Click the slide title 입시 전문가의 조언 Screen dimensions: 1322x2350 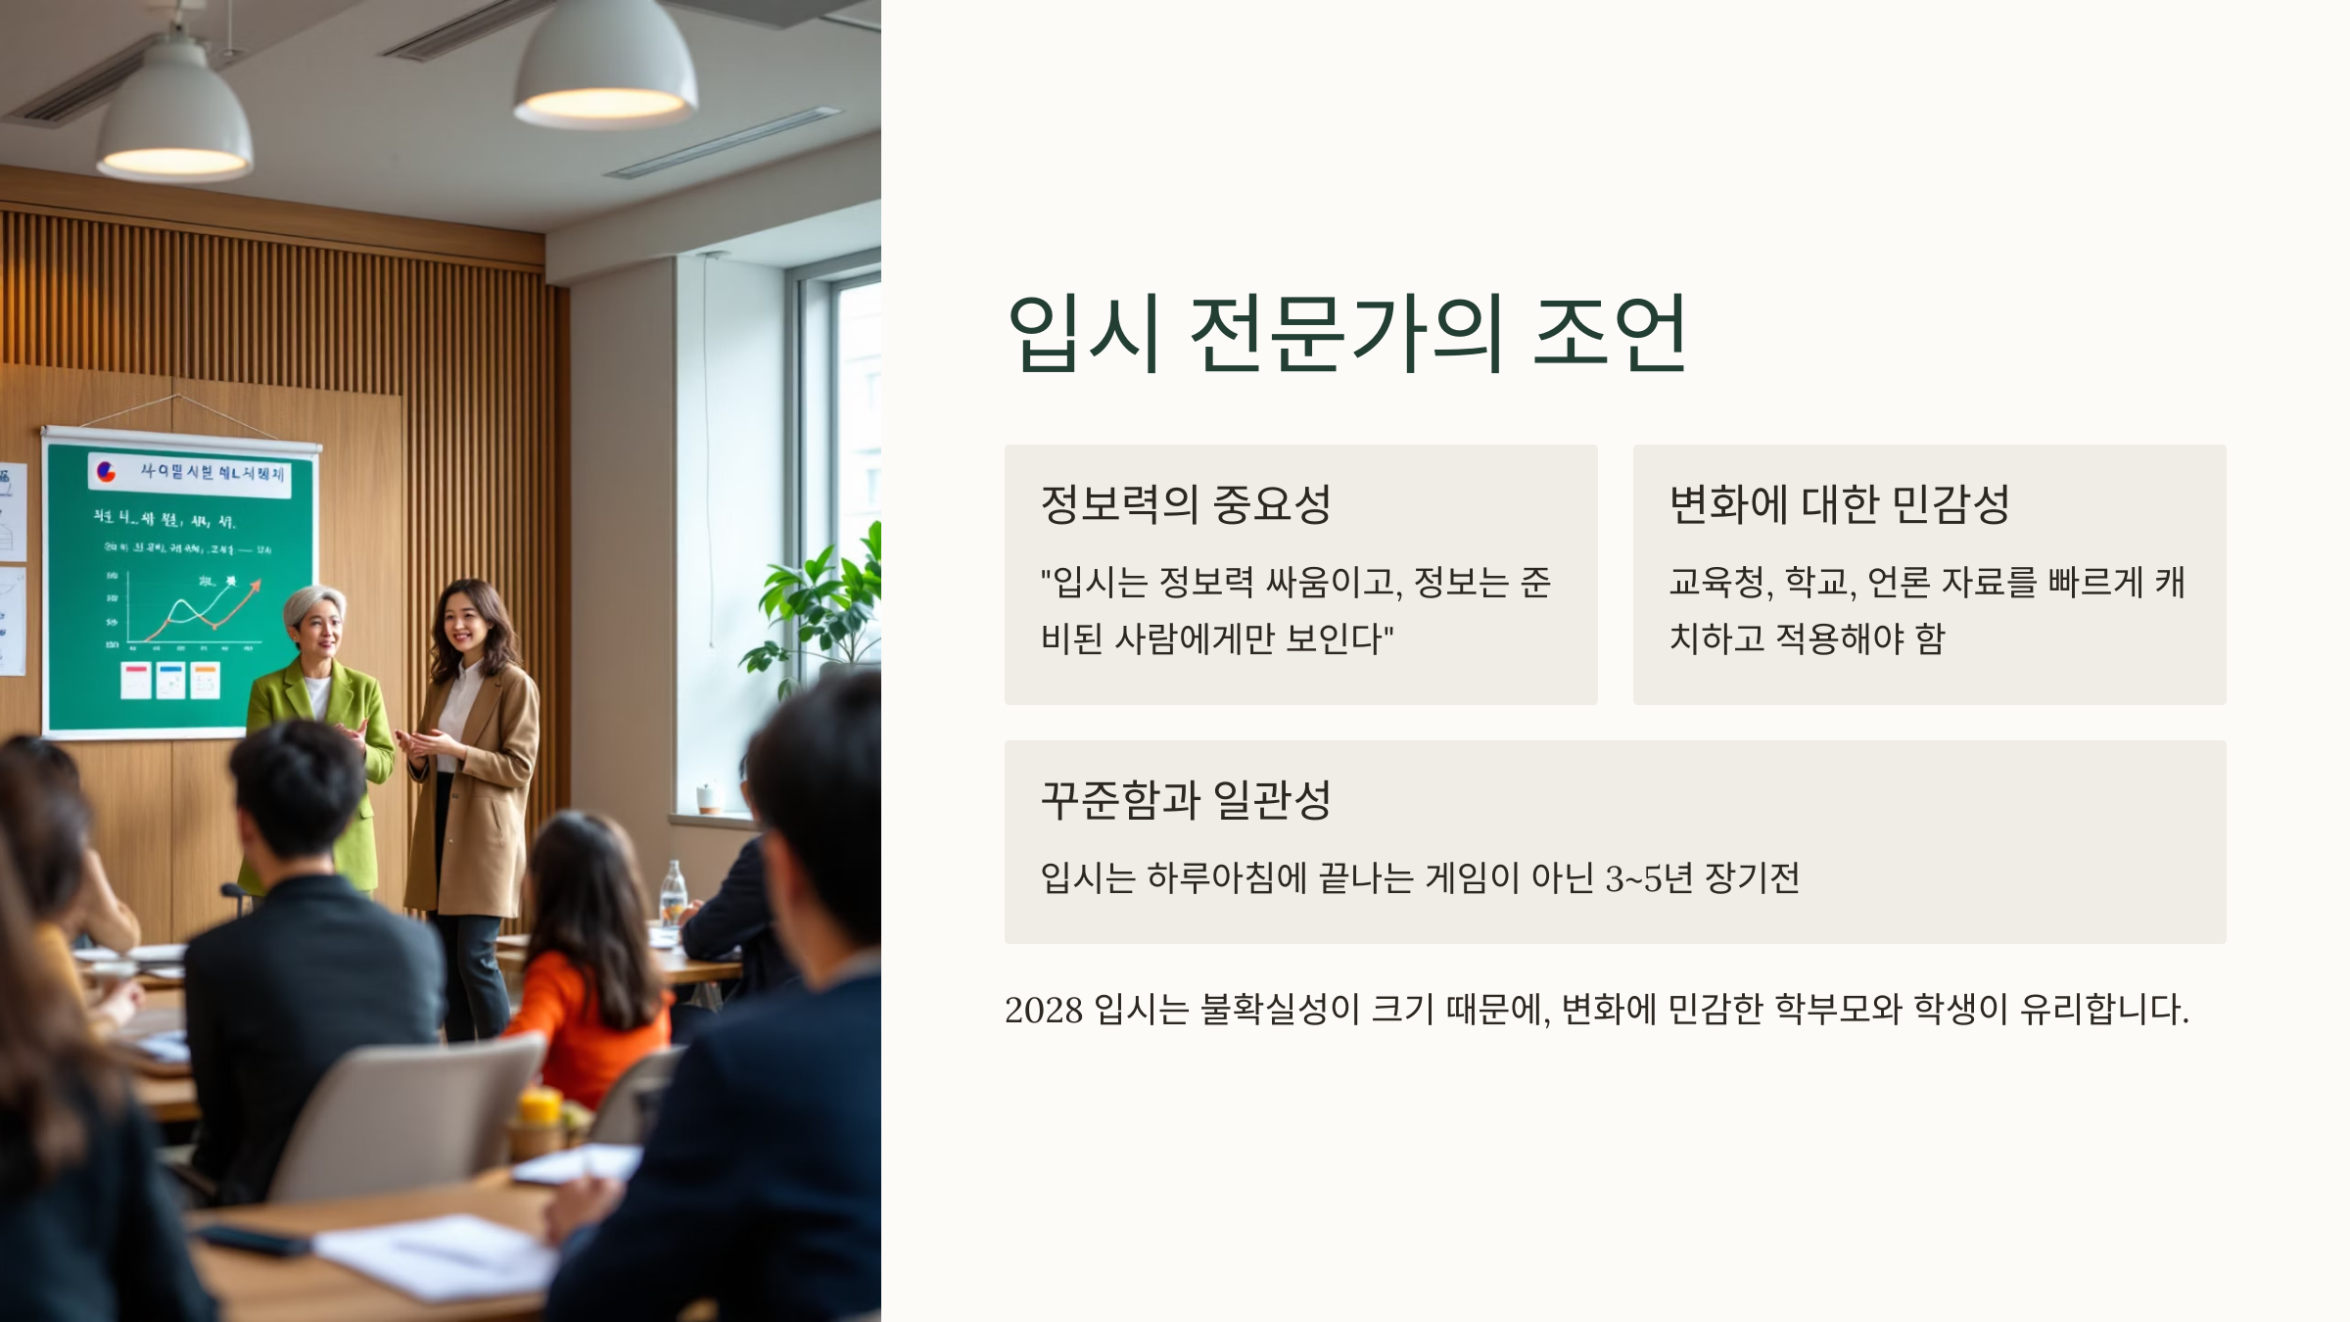[x=1346, y=334]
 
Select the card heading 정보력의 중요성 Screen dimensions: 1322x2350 [x=1186, y=504]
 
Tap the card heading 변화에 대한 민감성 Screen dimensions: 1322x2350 [x=1839, y=504]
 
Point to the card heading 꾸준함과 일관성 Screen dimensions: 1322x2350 [x=1186, y=800]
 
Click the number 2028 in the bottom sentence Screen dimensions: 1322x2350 [x=1043, y=1010]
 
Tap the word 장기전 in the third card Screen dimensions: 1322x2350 [x=1752, y=878]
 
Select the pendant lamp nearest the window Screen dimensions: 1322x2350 [x=605, y=69]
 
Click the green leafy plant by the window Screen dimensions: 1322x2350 [x=822, y=607]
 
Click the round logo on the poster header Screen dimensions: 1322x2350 [x=106, y=473]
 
